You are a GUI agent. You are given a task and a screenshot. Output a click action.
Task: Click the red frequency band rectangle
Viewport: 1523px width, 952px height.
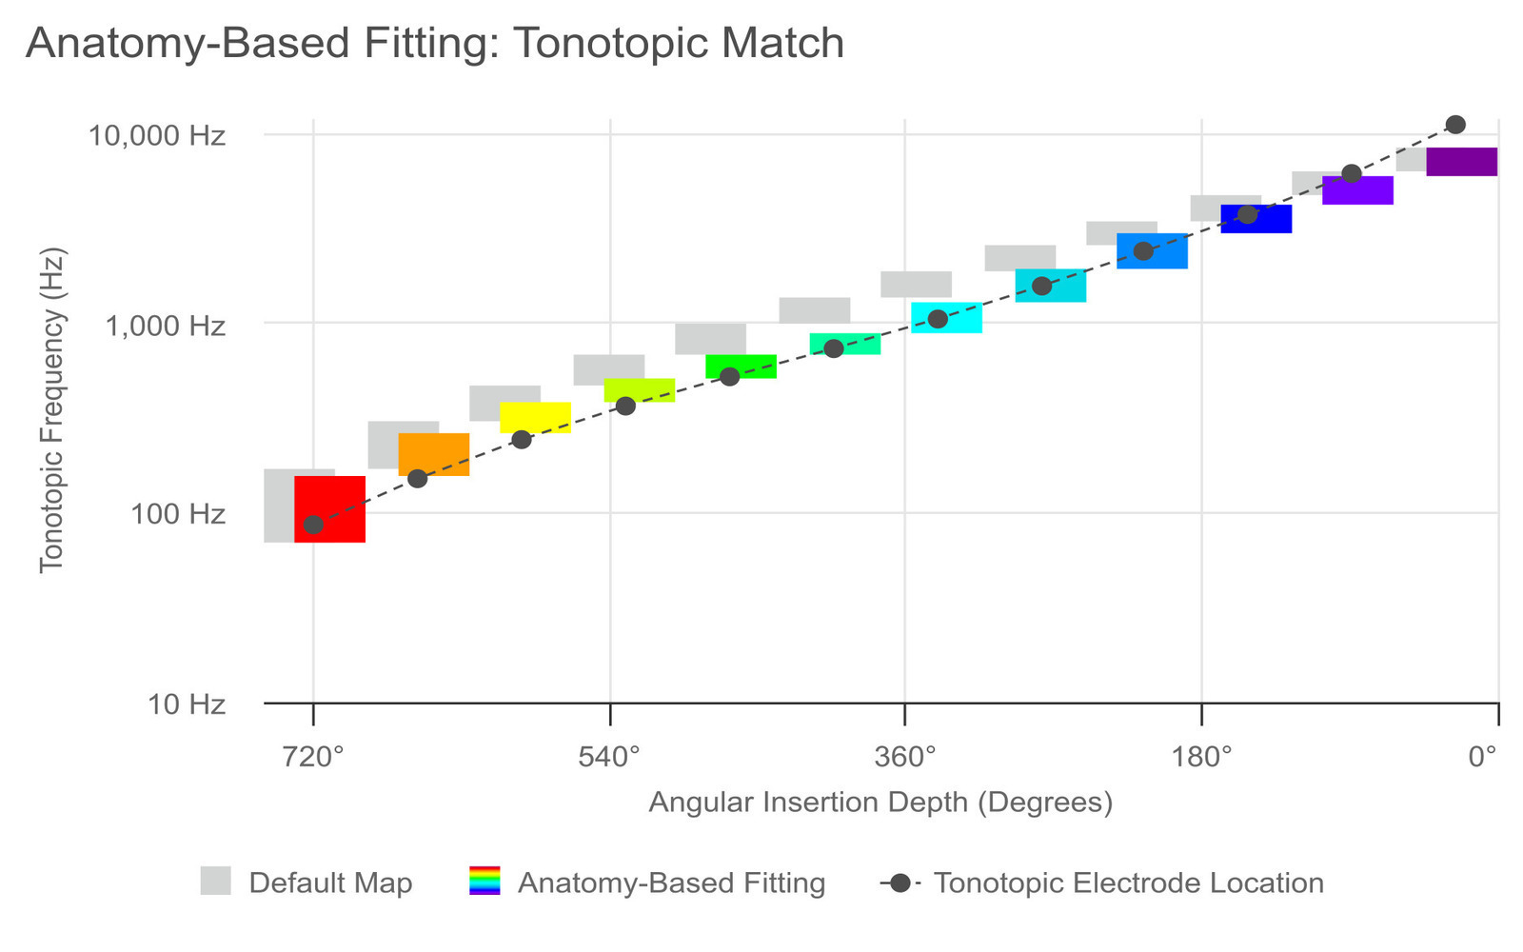click(x=329, y=508)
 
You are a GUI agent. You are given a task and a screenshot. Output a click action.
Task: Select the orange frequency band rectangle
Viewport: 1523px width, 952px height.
click(x=434, y=453)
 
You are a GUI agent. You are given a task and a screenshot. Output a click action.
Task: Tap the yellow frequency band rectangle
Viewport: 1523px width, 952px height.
click(x=535, y=417)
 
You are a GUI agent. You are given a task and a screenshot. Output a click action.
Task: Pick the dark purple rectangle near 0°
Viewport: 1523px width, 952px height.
click(x=1461, y=162)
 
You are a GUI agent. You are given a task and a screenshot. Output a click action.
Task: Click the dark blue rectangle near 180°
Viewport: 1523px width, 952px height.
click(x=1256, y=218)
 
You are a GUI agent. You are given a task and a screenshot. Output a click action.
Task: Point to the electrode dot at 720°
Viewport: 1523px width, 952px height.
click(x=313, y=525)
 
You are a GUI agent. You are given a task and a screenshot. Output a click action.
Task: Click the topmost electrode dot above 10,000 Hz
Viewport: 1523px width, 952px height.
click(x=1454, y=125)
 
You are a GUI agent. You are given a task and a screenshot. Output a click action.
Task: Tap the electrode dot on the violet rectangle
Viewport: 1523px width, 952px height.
click(x=1351, y=173)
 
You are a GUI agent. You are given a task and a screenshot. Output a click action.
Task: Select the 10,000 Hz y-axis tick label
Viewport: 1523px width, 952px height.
click(x=157, y=135)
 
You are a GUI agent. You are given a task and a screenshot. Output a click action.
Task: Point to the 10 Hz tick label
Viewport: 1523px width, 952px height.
click(x=187, y=704)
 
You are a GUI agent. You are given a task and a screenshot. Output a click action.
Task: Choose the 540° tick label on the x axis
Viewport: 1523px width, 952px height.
click(x=609, y=757)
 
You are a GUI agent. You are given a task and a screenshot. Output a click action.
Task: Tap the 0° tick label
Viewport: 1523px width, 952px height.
click(x=1482, y=757)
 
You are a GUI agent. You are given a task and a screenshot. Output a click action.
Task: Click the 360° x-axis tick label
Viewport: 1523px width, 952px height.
click(x=904, y=757)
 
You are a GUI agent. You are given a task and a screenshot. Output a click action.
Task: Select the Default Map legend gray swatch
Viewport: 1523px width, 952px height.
click(x=216, y=881)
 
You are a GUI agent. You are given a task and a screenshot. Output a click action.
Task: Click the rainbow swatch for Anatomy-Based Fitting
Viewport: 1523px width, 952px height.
click(x=485, y=881)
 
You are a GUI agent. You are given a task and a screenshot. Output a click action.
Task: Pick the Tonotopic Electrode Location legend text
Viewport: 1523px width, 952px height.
click(x=1128, y=883)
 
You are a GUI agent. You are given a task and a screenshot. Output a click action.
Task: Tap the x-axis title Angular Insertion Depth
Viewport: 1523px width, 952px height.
click(x=880, y=802)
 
